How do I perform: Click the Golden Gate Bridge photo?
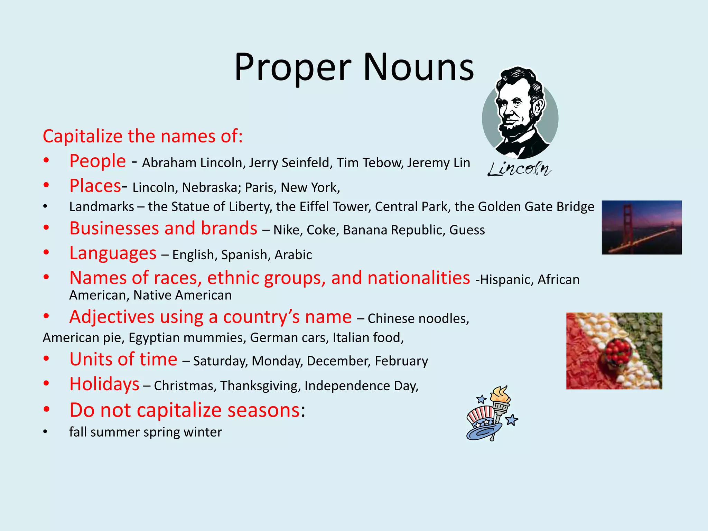[642, 227]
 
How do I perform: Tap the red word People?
[97, 161]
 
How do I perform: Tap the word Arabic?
[293, 255]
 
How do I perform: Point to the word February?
[401, 361]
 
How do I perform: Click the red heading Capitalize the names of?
[143, 136]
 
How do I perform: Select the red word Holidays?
[104, 384]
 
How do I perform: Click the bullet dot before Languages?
[46, 252]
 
